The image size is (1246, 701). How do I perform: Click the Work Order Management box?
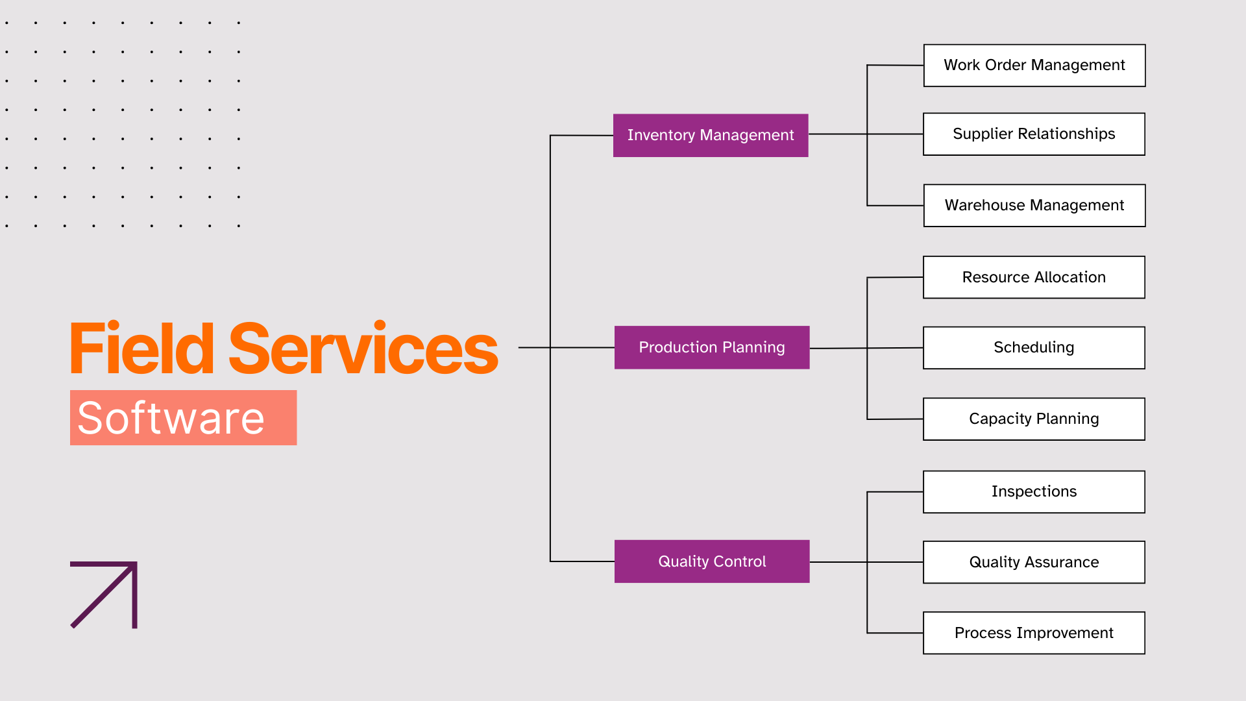click(x=1034, y=66)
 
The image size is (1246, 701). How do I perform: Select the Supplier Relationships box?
click(x=1034, y=134)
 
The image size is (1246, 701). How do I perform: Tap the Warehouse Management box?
click(x=1034, y=206)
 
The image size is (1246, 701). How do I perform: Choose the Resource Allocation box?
click(x=1034, y=277)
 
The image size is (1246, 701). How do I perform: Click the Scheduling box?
click(x=1034, y=348)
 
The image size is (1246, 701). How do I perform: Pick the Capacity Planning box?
click(x=1034, y=419)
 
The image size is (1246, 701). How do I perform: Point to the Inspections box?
click(x=1034, y=492)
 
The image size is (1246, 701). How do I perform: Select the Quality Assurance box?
click(x=1034, y=562)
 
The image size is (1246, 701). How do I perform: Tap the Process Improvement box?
click(x=1034, y=633)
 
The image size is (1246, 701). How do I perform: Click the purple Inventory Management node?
click(x=711, y=136)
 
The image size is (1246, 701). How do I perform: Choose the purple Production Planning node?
click(x=712, y=348)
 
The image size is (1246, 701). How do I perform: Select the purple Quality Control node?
click(x=712, y=561)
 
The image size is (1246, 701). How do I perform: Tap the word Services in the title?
click(x=363, y=350)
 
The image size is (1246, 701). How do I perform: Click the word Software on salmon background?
click(x=171, y=418)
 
